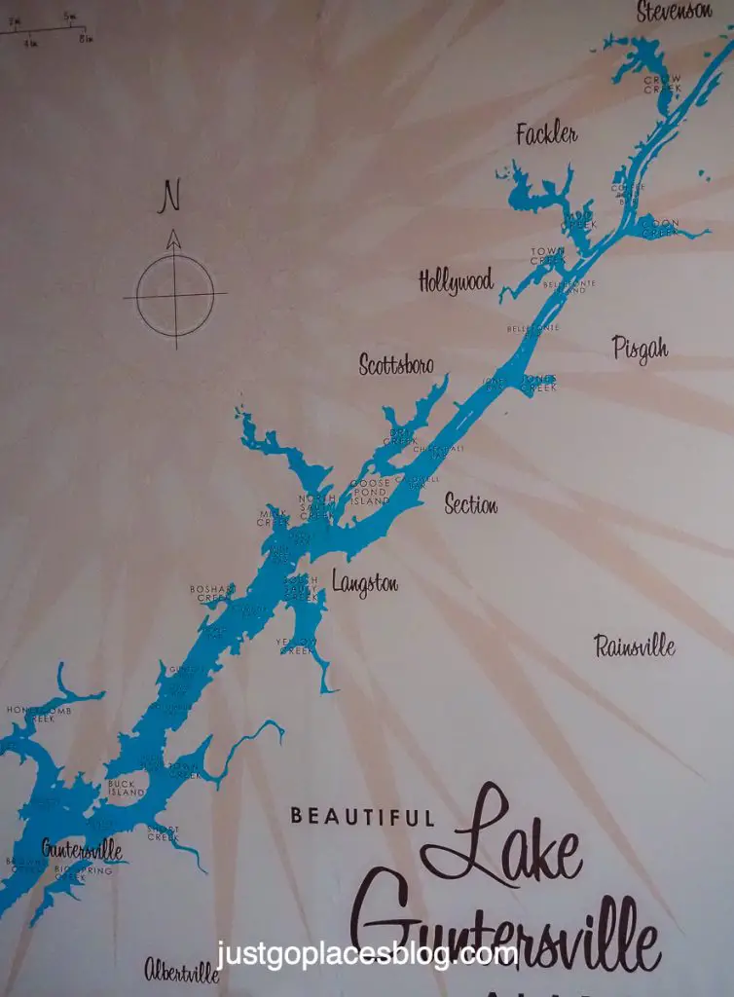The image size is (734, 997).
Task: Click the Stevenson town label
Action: click(x=687, y=12)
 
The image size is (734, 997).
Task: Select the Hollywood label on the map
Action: click(x=456, y=281)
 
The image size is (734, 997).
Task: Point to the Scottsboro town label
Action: click(x=395, y=365)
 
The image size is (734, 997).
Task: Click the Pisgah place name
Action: click(x=640, y=348)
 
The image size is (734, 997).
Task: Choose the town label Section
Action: click(x=470, y=504)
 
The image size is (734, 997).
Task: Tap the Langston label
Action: click(x=364, y=583)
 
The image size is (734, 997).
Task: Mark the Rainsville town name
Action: click(x=635, y=646)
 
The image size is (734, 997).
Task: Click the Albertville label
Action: click(x=182, y=970)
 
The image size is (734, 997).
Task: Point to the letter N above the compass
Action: click(x=171, y=198)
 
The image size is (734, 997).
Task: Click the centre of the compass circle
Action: click(x=175, y=293)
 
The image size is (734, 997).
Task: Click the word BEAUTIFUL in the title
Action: click(x=361, y=817)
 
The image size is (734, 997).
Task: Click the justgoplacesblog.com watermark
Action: click(x=366, y=954)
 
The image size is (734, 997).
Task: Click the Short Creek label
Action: click(x=163, y=832)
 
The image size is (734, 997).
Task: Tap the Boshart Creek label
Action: click(x=213, y=593)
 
